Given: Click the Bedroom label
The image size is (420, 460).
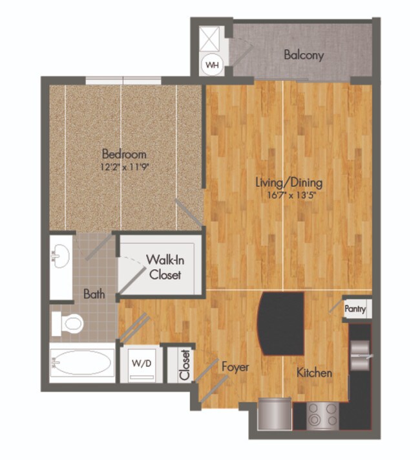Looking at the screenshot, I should coord(124,154).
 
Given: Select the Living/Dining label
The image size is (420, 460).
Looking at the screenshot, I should coord(289,182).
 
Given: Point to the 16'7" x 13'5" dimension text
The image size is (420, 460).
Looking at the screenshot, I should coord(289,194).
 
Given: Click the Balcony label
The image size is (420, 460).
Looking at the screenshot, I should coord(304,55).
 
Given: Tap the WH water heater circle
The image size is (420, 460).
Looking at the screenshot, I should coord(212,65).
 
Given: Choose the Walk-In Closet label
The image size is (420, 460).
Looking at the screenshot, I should coord(163,267).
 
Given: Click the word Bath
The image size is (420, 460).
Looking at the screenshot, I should coord(94,294).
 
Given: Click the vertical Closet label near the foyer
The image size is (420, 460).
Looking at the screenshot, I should coord(185,365).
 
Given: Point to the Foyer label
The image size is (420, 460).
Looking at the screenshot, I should coord(235,367).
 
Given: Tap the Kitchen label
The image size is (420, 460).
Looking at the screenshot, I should coord(314,373).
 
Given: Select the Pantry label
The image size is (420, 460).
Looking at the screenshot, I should coord(355,309).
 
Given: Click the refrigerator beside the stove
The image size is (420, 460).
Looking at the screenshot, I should coord(274,414).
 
